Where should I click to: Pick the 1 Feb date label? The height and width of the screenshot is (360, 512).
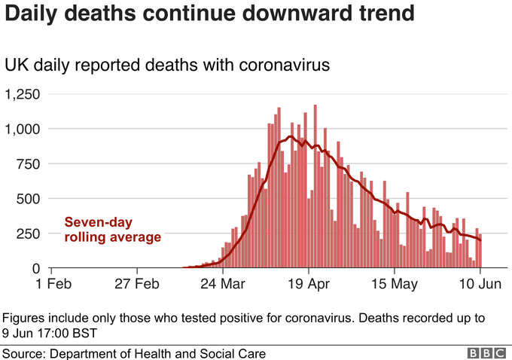click(49, 285)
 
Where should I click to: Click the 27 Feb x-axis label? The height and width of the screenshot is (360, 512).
click(136, 285)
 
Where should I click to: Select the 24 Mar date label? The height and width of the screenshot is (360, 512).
click(224, 285)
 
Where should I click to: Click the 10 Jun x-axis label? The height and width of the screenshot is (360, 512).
click(480, 285)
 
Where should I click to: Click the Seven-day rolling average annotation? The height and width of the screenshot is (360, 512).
click(112, 230)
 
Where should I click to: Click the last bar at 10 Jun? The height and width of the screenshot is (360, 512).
click(480, 252)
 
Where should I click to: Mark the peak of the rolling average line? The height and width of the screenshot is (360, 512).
click(290, 137)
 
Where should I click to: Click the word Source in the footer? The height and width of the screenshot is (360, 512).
click(22, 352)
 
